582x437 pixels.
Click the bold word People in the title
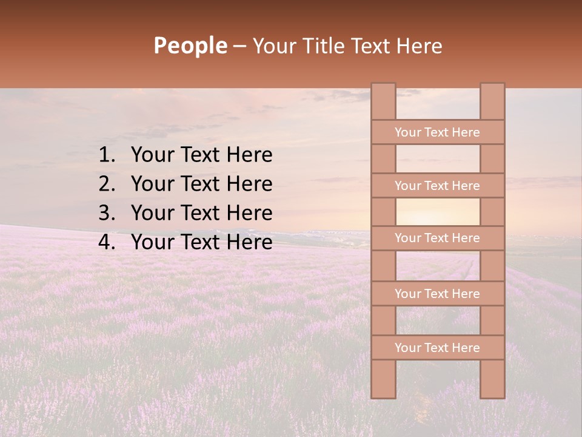(x=190, y=46)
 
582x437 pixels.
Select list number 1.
(x=106, y=155)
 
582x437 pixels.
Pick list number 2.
(x=106, y=184)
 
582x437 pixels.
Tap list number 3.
(x=106, y=213)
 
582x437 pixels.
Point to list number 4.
(x=106, y=242)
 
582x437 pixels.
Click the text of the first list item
(x=201, y=155)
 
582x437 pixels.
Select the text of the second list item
(x=201, y=184)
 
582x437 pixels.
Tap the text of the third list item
(x=201, y=213)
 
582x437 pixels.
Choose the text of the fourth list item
(x=201, y=242)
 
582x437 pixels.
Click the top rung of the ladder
(x=437, y=132)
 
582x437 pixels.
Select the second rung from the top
(x=437, y=186)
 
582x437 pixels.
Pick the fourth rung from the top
(x=437, y=294)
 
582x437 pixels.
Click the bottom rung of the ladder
(x=437, y=348)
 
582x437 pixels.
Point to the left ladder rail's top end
(x=383, y=91)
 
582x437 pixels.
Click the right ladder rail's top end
(x=492, y=91)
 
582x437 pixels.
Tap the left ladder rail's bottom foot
(x=383, y=388)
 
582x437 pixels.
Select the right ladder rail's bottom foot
(x=492, y=388)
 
